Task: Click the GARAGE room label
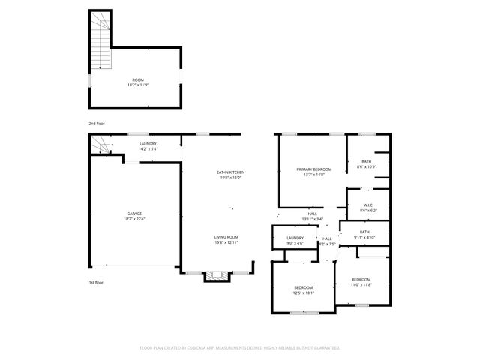pyautogui.click(x=134, y=214)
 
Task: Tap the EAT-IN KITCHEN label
pyautogui.click(x=231, y=172)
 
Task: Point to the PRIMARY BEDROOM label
pyautogui.click(x=313, y=169)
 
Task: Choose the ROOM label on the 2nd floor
pyautogui.click(x=138, y=79)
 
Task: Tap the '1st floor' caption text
pyautogui.click(x=96, y=282)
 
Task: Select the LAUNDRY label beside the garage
pyautogui.click(x=148, y=143)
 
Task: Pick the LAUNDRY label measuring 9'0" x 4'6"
pyautogui.click(x=295, y=238)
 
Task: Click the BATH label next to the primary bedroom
pyautogui.click(x=367, y=161)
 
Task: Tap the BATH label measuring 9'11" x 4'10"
pyautogui.click(x=364, y=232)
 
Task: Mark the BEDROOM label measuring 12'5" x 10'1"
pyautogui.click(x=304, y=287)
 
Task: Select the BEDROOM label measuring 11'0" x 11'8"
pyautogui.click(x=361, y=280)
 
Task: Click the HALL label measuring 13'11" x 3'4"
pyautogui.click(x=312, y=214)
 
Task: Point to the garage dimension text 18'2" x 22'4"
pyautogui.click(x=134, y=219)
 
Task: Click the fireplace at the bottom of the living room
pyautogui.click(x=215, y=275)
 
